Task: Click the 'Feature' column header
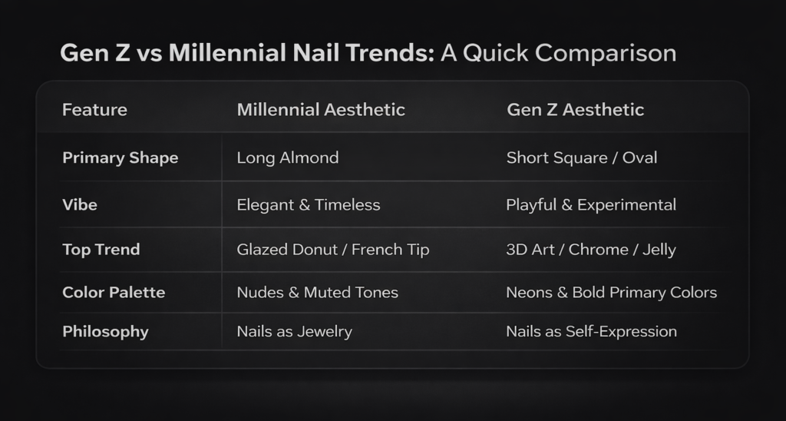click(94, 110)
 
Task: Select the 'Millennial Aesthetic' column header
click(321, 110)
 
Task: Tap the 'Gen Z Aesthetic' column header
click(575, 110)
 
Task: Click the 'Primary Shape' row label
click(120, 158)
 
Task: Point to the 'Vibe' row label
click(81, 205)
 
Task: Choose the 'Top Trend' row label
click(101, 250)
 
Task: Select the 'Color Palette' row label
click(114, 293)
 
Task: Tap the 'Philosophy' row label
click(105, 332)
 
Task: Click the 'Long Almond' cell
click(287, 158)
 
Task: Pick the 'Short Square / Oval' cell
click(581, 158)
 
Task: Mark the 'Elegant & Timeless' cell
click(309, 205)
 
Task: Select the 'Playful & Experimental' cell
click(591, 205)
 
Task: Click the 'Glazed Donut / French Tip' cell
click(332, 250)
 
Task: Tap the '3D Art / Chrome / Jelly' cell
click(590, 250)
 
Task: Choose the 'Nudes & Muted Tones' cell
click(317, 293)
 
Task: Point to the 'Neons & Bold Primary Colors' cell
click(611, 293)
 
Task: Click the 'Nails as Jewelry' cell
click(294, 332)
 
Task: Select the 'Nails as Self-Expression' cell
click(591, 332)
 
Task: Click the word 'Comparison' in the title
click(606, 53)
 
